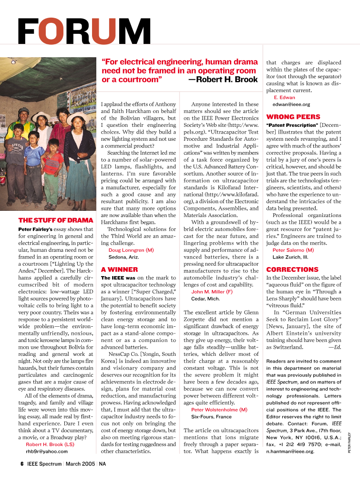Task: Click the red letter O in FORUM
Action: [x=51, y=32]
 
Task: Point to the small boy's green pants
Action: [x=51, y=189]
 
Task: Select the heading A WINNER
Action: [x=120, y=269]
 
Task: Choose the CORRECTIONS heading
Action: [x=292, y=269]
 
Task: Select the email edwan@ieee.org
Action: [x=291, y=104]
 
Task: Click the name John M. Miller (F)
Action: [x=212, y=291]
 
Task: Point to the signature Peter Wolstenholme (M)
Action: [x=219, y=409]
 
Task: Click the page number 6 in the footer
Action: [x=21, y=464]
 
